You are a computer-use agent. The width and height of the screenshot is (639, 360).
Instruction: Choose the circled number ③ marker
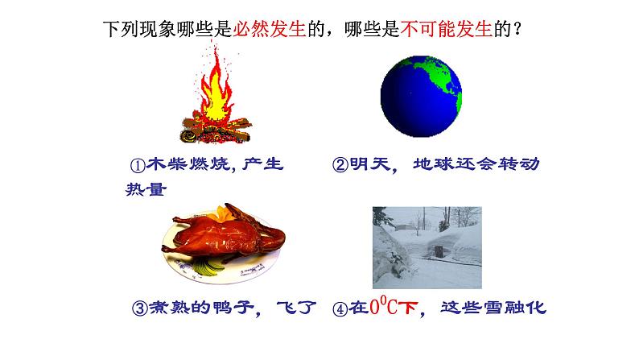tap(138, 308)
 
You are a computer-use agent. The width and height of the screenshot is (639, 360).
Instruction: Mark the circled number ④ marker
tap(340, 308)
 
